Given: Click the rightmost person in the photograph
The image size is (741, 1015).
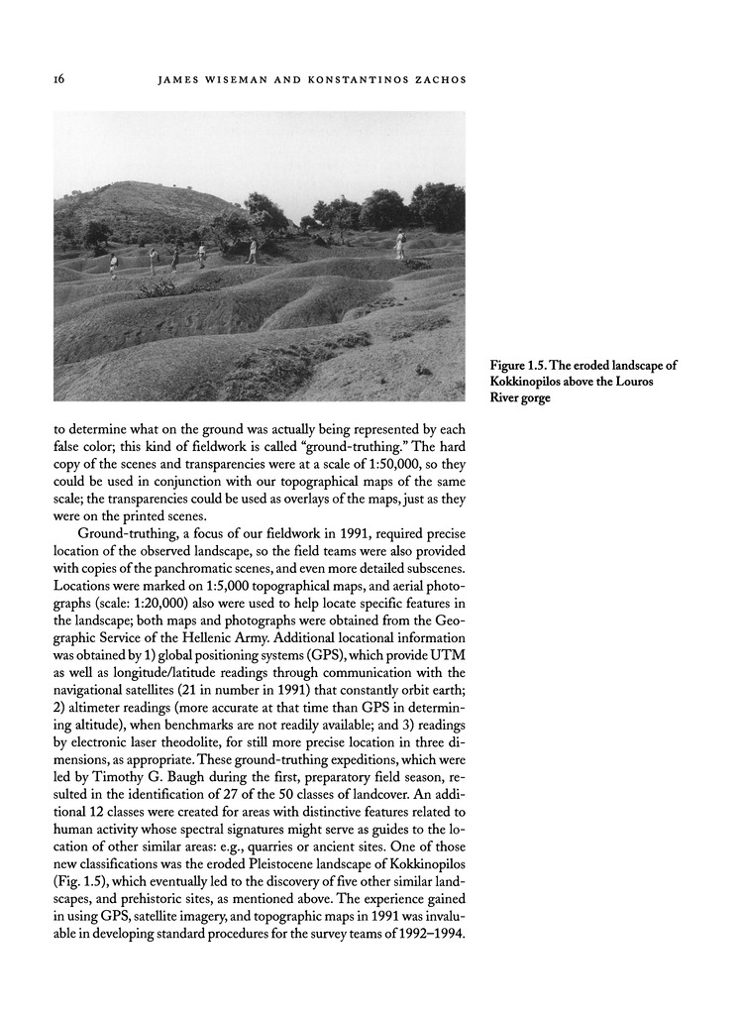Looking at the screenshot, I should pos(400,244).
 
